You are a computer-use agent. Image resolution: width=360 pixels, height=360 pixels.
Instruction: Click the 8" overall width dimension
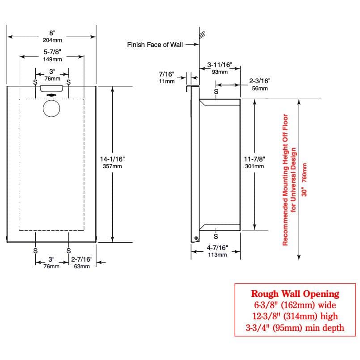point(52,33)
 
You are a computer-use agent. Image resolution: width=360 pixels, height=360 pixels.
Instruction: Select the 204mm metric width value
point(52,40)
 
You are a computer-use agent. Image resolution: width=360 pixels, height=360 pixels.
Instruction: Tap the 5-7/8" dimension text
point(52,52)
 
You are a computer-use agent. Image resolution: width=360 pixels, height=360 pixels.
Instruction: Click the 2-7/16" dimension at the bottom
point(82,259)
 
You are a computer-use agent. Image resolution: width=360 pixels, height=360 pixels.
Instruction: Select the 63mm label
point(82,267)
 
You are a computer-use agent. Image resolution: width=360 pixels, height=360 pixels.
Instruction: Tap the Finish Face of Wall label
point(155,45)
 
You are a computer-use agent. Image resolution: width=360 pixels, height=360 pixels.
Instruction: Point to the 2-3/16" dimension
point(260,81)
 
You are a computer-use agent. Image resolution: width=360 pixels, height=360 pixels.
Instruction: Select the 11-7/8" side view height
point(254,159)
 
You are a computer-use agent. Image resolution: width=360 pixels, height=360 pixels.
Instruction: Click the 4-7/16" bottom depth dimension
point(217,247)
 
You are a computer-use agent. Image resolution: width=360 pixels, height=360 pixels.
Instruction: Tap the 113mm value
point(217,255)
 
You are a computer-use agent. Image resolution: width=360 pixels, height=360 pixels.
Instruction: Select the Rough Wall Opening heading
point(295,294)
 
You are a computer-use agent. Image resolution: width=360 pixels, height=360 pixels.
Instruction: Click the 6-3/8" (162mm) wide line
point(295,305)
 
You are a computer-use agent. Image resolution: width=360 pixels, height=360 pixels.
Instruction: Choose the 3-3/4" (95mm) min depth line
point(295,328)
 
